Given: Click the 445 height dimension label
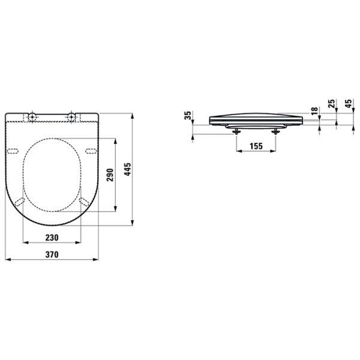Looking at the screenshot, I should pyautogui.click(x=127, y=174).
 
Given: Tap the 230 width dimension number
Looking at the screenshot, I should pyautogui.click(x=52, y=238).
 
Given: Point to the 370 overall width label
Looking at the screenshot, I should pyautogui.click(x=52, y=255).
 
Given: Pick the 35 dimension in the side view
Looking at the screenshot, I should pyautogui.click(x=188, y=115).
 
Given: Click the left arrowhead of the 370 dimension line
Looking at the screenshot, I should pyautogui.click(x=7, y=260).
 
